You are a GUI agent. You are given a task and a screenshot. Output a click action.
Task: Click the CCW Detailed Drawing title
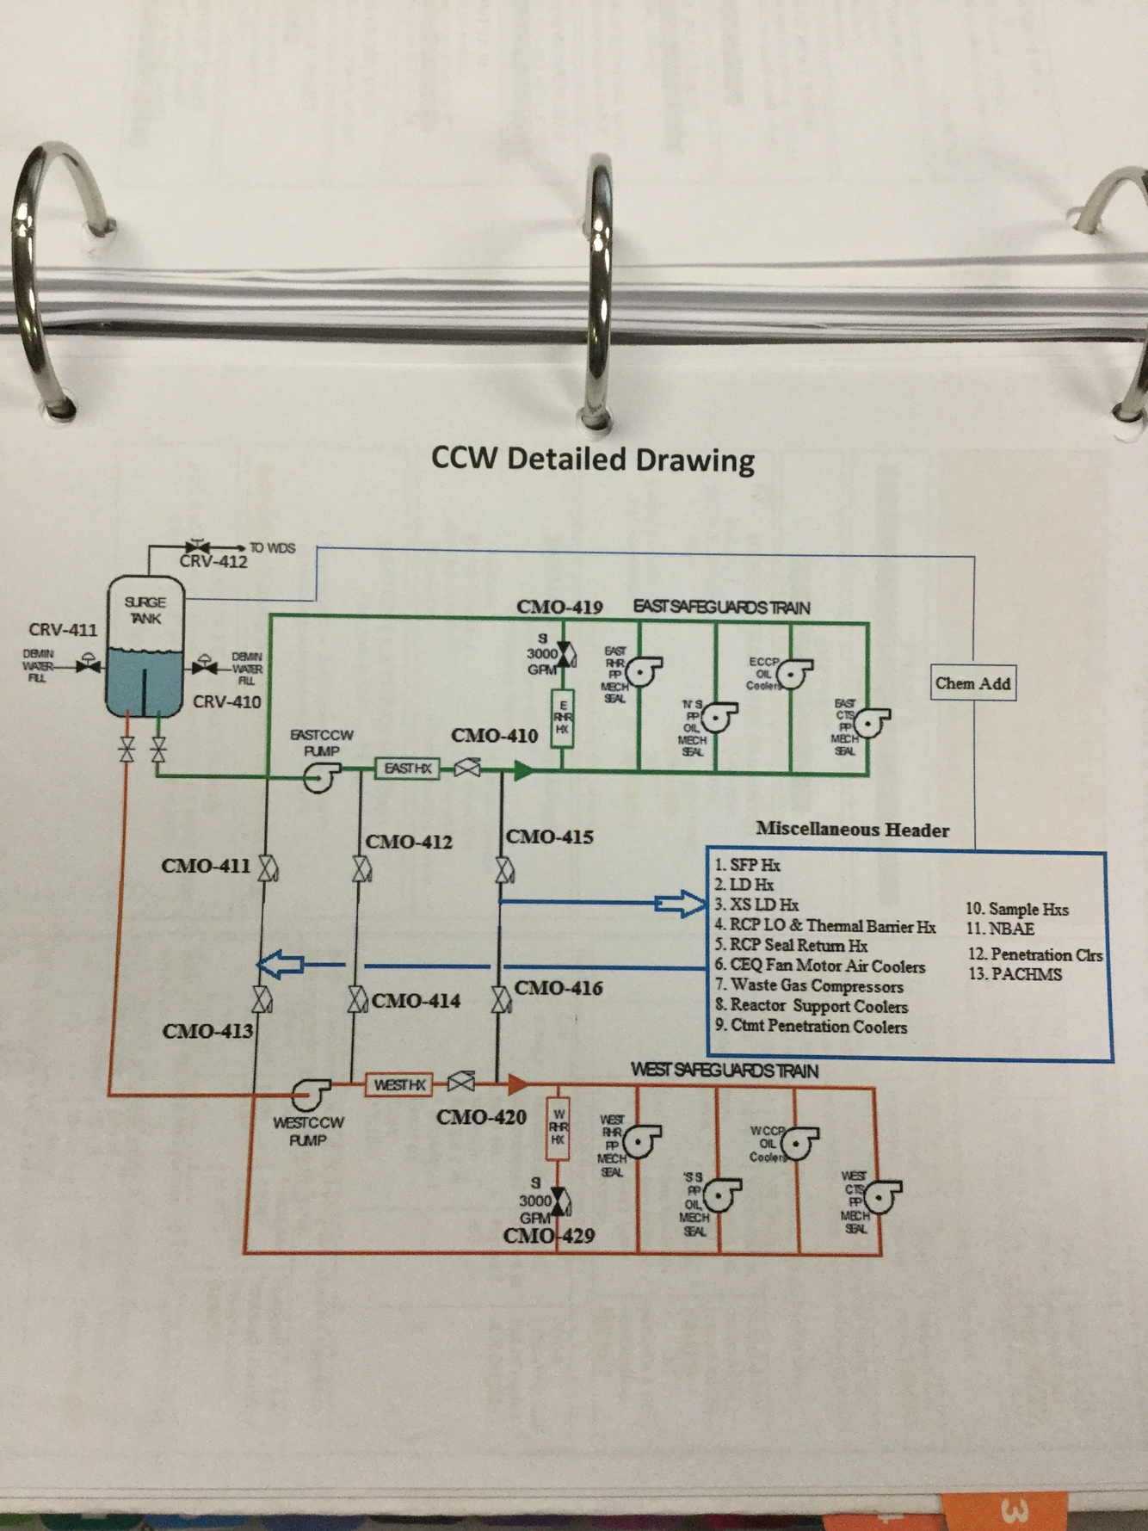click(x=593, y=459)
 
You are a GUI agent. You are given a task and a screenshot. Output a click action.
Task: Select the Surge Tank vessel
click(x=145, y=647)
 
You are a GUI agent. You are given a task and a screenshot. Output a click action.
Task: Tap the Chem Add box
click(x=972, y=683)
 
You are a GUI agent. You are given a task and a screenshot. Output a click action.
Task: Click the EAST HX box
click(x=407, y=768)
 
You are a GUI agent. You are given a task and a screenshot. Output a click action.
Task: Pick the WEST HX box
click(x=399, y=1084)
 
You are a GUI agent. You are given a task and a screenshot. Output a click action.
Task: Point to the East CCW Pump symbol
click(x=318, y=778)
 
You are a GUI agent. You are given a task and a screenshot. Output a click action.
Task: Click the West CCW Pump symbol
click(x=306, y=1095)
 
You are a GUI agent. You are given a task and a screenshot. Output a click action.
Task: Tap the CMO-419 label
click(x=559, y=607)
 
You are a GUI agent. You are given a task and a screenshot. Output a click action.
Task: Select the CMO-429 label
click(x=549, y=1236)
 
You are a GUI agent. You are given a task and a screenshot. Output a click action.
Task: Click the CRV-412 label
click(x=213, y=562)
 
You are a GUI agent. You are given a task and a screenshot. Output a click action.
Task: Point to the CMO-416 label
click(x=559, y=988)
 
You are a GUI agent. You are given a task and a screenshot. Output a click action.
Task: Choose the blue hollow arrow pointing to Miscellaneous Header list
click(x=679, y=903)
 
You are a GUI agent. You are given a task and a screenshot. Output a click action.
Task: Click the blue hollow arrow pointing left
click(x=281, y=965)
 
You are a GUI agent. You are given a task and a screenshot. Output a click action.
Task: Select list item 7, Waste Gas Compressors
click(x=809, y=985)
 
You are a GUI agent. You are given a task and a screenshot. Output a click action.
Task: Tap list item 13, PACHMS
click(x=1015, y=974)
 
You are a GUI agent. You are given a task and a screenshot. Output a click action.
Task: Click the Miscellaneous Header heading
click(x=852, y=830)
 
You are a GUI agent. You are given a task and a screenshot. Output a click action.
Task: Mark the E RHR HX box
click(x=562, y=716)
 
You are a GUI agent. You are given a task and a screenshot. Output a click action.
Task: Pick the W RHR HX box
click(x=559, y=1127)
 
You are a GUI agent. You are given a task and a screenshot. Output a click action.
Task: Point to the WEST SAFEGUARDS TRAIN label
click(x=724, y=1070)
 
